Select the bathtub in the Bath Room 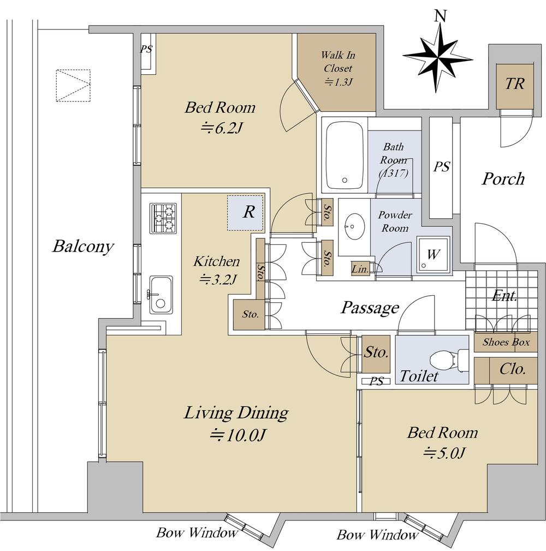(x=345, y=157)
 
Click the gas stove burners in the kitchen (x=163, y=218)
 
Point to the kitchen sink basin (x=161, y=295)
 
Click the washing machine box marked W (x=433, y=254)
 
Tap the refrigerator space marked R (x=245, y=213)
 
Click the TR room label (x=515, y=83)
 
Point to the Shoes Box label (x=506, y=342)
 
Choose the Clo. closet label (x=513, y=369)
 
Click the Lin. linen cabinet (x=360, y=269)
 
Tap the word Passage (x=370, y=308)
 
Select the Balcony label (x=84, y=246)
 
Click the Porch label (x=503, y=178)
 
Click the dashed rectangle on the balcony (x=73, y=86)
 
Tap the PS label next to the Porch (x=442, y=166)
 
